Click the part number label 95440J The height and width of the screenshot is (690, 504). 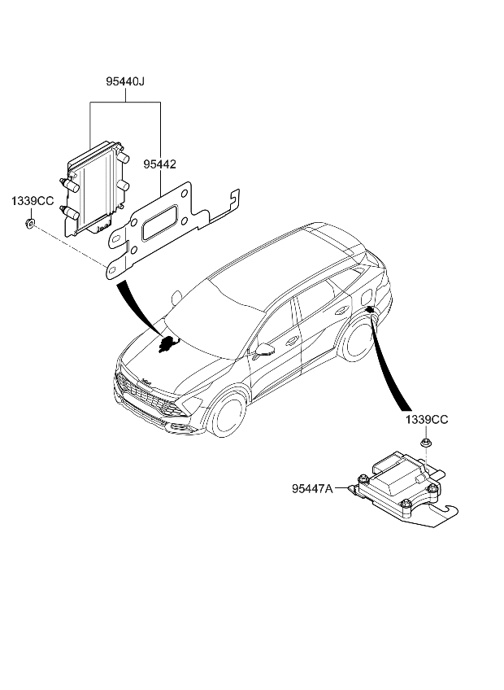124,81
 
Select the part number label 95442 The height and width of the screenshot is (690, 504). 160,164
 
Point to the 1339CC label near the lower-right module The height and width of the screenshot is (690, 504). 426,421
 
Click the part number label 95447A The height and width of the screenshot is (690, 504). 313,489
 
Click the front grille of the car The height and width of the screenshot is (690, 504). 146,399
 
